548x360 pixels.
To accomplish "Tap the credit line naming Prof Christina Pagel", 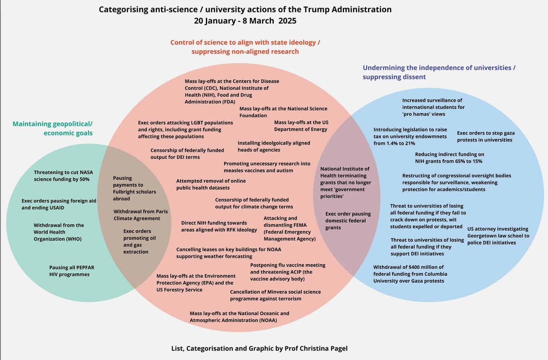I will tap(260, 348).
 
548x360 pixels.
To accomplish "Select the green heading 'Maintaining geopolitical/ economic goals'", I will tap(53, 128).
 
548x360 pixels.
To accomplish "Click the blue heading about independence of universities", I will tap(439, 72).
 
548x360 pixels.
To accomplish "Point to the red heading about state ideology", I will tap(245, 47).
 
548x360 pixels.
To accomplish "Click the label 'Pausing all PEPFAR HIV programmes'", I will tap(72, 271).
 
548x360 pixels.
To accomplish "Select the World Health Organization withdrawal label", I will tap(58, 232).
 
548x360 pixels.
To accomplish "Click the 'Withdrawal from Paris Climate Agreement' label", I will tap(141, 215).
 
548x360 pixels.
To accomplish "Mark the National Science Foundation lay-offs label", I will tap(283, 112).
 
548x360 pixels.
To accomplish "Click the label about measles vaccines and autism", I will tap(267, 167).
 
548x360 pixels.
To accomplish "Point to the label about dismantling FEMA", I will tap(289, 228).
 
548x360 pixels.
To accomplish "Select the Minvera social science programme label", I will tap(275, 295).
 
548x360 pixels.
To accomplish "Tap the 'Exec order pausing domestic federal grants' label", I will tap(348, 221).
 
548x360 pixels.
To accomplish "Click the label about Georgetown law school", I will tap(497, 236).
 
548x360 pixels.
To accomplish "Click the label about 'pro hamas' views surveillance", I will tap(433, 107).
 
